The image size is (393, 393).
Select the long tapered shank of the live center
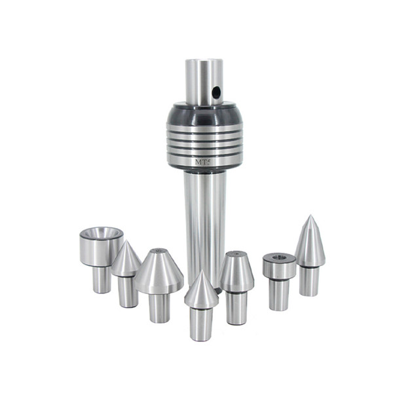(x=204, y=216)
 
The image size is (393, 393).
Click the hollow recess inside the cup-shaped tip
(x=102, y=233)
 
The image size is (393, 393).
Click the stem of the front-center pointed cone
(x=201, y=323)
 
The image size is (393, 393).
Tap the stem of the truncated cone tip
(x=236, y=308)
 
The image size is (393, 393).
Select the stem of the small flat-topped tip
(x=278, y=294)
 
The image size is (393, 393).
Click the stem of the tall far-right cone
(x=309, y=280)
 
